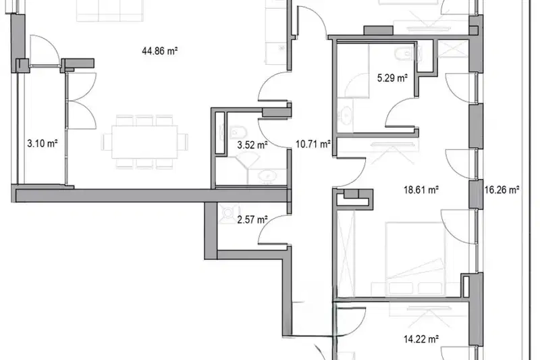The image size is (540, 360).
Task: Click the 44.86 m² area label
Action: coord(159,51)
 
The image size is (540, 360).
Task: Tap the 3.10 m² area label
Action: coord(42,143)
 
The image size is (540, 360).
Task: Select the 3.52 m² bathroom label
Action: coord(252,145)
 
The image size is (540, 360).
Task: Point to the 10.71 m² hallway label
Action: coord(313,144)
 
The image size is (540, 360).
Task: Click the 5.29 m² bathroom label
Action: coord(392,78)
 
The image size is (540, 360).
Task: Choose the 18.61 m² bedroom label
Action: coord(421,190)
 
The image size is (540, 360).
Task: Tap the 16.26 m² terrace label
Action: coord(502,190)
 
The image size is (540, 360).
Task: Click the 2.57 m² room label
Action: coord(252,220)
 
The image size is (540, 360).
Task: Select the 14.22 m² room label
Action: coord(421,339)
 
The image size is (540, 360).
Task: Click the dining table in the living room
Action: coord(145,142)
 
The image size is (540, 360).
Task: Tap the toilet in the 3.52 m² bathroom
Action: coord(238,132)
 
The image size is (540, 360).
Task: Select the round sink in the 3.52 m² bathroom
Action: coord(267,176)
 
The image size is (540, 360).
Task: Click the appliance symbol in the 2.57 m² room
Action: coord(229,211)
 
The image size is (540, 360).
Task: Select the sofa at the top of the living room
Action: coord(109,10)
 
